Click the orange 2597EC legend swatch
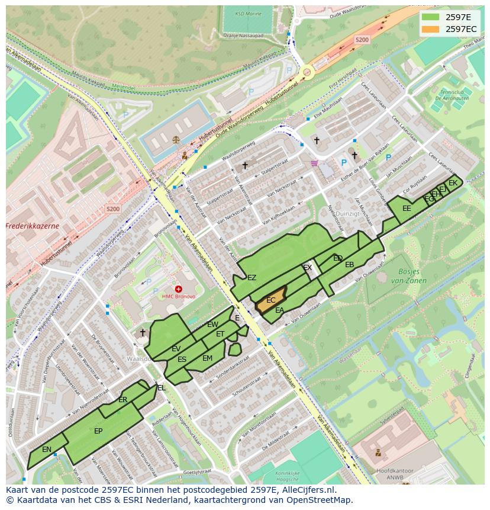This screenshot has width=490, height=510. pyautogui.click(x=430, y=29)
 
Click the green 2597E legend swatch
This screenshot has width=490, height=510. pyautogui.click(x=430, y=17)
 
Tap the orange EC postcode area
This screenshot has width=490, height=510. pyautogui.click(x=270, y=300)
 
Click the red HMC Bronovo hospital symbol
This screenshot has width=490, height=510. pyautogui.click(x=178, y=289)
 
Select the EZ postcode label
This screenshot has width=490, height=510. pyautogui.click(x=252, y=278)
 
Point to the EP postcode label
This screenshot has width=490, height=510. pyautogui.click(x=98, y=431)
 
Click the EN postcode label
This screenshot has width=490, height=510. pyautogui.click(x=47, y=450)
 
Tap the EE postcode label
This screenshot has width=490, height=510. pyautogui.click(x=407, y=209)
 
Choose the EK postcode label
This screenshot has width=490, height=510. pyautogui.click(x=453, y=183)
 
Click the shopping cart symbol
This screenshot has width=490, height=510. pyautogui.click(x=314, y=163)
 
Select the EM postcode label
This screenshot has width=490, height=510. pyautogui.click(x=207, y=358)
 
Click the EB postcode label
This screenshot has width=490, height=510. pyautogui.click(x=349, y=265)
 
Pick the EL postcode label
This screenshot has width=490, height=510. pyautogui.click(x=161, y=388)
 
